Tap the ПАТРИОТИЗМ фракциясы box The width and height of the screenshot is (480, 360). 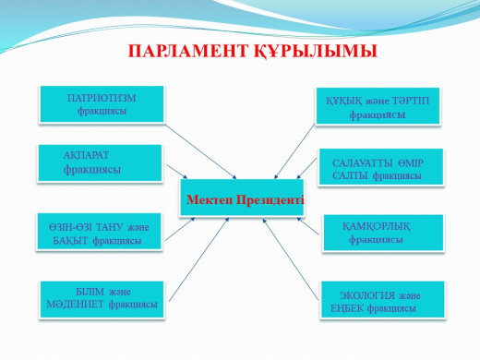tap(102, 104)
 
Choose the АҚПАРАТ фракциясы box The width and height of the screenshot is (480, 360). tap(98, 163)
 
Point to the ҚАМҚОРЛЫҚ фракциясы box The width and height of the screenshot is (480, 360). tap(379, 233)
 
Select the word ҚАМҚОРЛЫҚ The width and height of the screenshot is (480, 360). tap(379, 225)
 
